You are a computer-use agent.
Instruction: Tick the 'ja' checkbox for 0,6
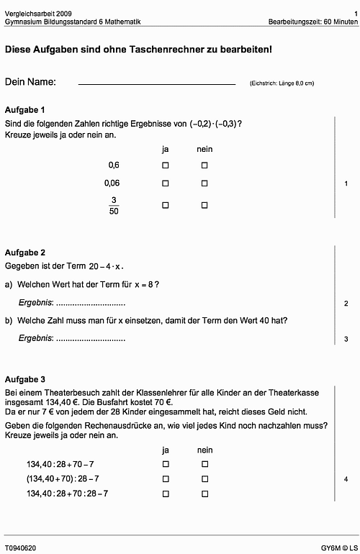pyautogui.click(x=165, y=165)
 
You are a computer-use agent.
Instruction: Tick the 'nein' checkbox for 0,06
pyautogui.click(x=204, y=183)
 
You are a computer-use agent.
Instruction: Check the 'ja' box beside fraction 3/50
pyautogui.click(x=165, y=205)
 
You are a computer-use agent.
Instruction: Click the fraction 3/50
pyautogui.click(x=113, y=206)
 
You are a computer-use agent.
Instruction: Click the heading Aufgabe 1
pyautogui.click(x=25, y=110)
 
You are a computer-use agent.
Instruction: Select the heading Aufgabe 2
pyautogui.click(x=25, y=253)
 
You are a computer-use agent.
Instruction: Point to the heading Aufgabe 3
pyautogui.click(x=25, y=378)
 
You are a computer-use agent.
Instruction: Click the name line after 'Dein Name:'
pyautogui.click(x=156, y=84)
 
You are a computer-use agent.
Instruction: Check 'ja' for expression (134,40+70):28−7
pyautogui.click(x=165, y=479)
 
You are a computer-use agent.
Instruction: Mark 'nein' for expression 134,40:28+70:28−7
pyautogui.click(x=204, y=494)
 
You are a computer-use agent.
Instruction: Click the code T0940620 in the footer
pyautogui.click(x=20, y=548)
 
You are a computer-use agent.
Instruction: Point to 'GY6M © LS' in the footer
pyautogui.click(x=338, y=548)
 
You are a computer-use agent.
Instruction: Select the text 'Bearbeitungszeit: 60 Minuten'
pyautogui.click(x=312, y=22)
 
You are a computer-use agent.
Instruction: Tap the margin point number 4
pyautogui.click(x=346, y=479)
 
